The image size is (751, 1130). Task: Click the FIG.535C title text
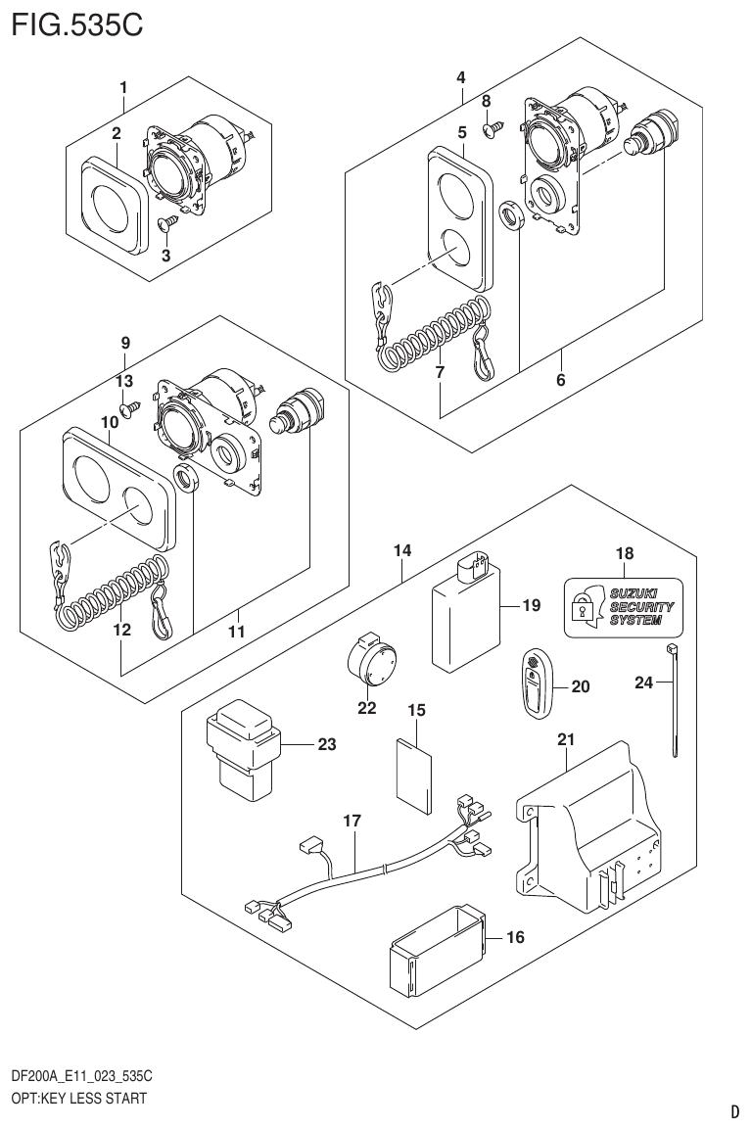[x=76, y=24]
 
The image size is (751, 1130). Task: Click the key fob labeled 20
[x=535, y=684]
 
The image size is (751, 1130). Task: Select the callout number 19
[x=530, y=606]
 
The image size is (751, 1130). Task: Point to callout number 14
[x=402, y=551]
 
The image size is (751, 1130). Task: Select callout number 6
[x=561, y=381]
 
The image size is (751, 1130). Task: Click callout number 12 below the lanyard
[x=121, y=632]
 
